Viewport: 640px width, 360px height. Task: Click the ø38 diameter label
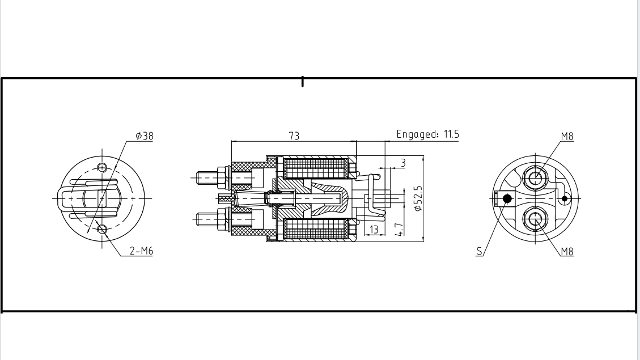point(144,136)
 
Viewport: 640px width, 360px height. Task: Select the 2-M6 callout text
point(141,251)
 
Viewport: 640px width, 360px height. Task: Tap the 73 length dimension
point(294,136)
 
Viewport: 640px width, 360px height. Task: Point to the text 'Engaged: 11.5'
point(427,134)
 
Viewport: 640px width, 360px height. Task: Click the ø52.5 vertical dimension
point(418,198)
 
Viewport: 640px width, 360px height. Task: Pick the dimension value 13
point(374,229)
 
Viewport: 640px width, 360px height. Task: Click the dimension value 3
point(403,163)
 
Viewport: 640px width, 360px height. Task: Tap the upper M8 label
point(567,136)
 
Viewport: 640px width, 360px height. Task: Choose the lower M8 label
point(567,252)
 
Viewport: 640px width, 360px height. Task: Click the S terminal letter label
point(480,251)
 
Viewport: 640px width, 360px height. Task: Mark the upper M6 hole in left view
point(102,167)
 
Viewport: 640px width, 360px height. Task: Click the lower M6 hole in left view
point(102,230)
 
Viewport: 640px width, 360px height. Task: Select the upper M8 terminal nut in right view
point(535,179)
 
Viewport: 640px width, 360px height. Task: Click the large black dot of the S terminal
point(507,198)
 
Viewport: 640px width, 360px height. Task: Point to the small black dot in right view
point(564,198)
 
